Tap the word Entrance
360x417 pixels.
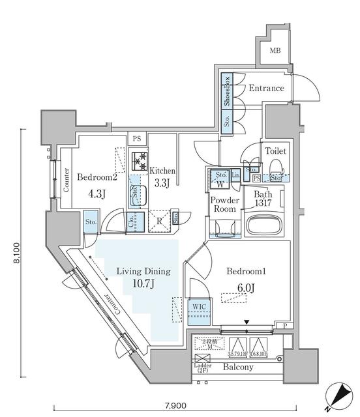pos(265,88)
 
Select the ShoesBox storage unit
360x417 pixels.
pos(227,91)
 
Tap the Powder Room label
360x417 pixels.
pos(223,205)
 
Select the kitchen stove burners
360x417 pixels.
pos(138,160)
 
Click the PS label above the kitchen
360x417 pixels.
pos(136,139)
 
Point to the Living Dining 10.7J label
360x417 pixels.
pos(143,276)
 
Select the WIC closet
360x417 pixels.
pos(200,311)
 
